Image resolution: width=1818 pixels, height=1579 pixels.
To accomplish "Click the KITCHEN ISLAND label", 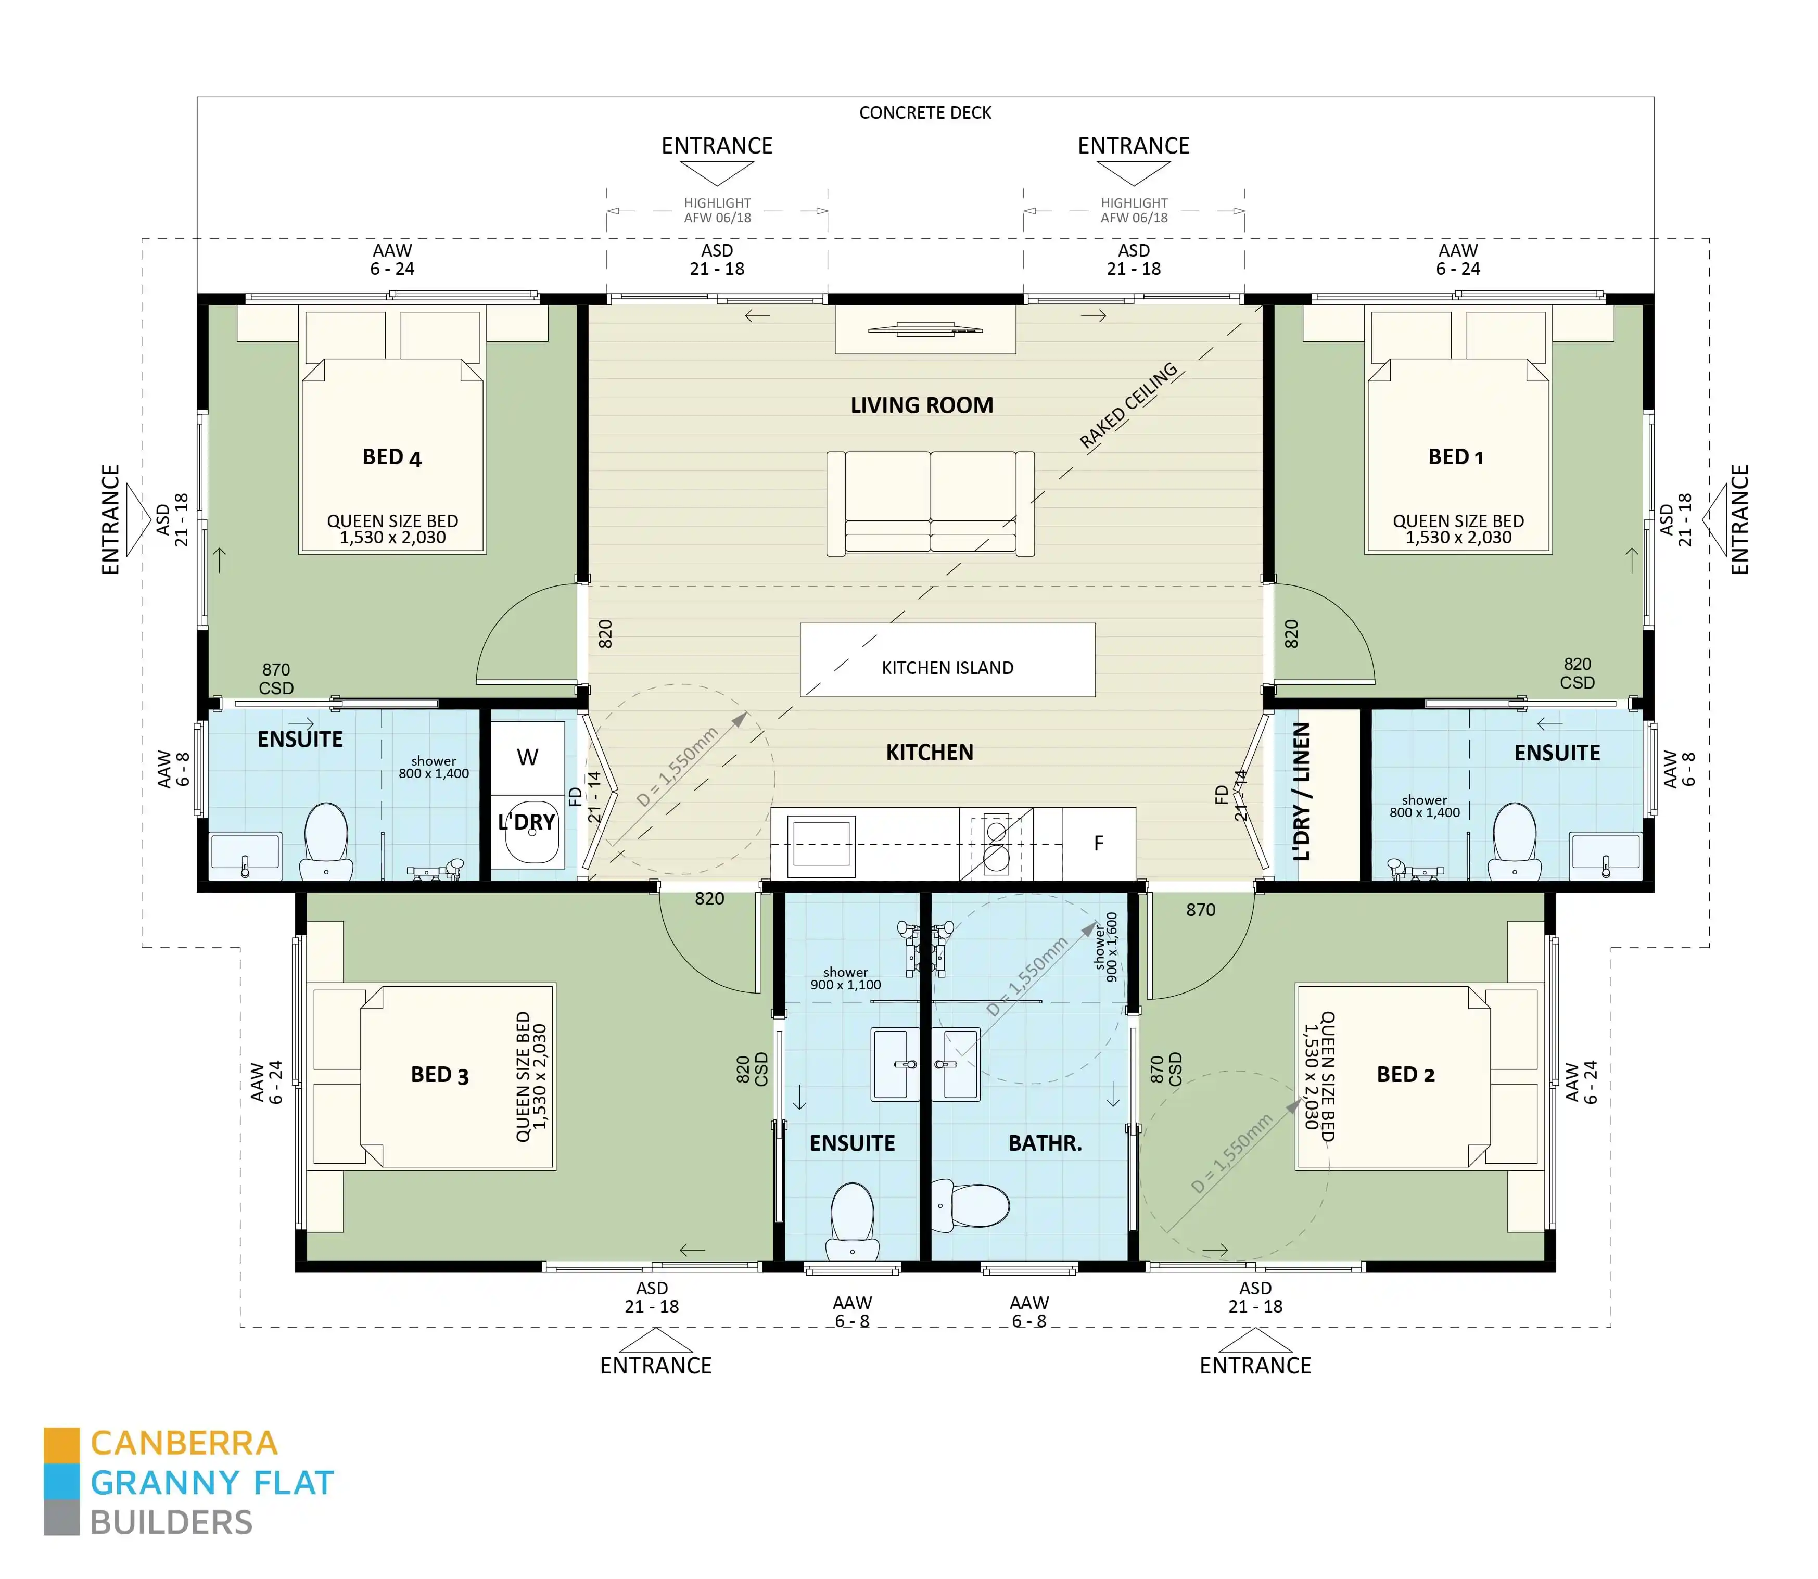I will (947, 668).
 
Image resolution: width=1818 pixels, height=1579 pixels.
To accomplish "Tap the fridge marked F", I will (1098, 843).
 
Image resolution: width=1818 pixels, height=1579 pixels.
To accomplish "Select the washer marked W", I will (527, 757).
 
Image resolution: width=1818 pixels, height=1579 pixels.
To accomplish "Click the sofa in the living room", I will (930, 504).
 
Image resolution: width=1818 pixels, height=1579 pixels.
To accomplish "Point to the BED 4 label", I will (392, 457).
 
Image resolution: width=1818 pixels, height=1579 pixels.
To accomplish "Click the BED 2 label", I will (1406, 1075).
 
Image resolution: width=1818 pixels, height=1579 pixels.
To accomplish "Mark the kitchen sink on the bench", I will (821, 843).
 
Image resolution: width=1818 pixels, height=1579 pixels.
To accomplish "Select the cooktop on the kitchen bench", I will (996, 843).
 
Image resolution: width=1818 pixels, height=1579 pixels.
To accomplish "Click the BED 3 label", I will (440, 1075).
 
